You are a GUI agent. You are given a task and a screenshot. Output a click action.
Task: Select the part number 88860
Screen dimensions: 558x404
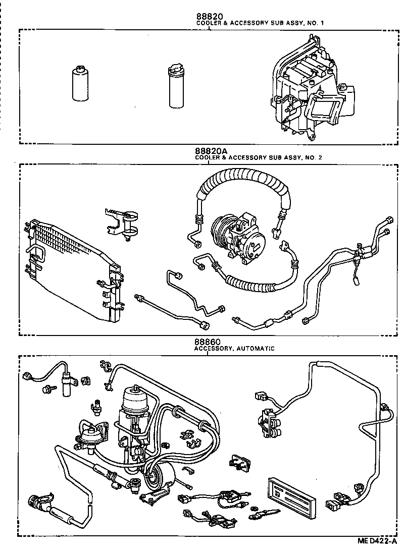[208, 342]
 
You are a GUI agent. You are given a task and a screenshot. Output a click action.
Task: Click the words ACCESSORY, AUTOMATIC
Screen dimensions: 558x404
[234, 348]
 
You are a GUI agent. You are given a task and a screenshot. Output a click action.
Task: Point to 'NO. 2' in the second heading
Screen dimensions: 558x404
[313, 157]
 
